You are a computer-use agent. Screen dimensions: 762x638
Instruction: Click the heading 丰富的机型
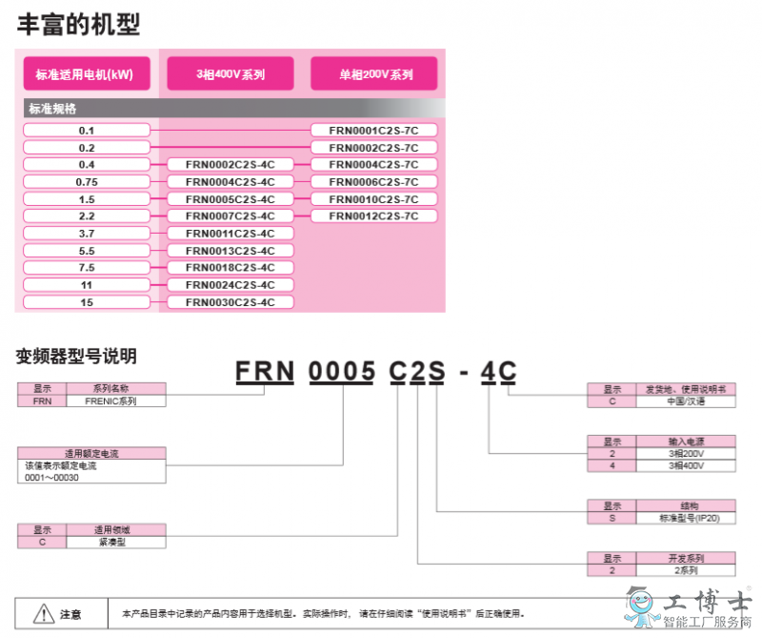pyautogui.click(x=79, y=25)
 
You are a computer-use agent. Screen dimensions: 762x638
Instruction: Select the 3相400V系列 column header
pyautogui.click(x=231, y=73)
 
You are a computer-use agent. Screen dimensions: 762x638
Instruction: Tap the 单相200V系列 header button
pyautogui.click(x=374, y=73)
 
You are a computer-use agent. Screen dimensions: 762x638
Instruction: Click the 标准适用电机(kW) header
pyautogui.click(x=87, y=73)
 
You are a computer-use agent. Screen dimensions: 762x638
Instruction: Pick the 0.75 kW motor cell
pyautogui.click(x=87, y=182)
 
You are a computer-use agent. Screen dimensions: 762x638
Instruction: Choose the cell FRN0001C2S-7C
pyautogui.click(x=374, y=131)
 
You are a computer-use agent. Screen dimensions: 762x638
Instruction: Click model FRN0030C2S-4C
pyautogui.click(x=231, y=302)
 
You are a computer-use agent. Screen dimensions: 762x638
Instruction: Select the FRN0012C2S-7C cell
pyautogui.click(x=374, y=216)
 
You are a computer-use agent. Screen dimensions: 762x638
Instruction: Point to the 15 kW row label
pyautogui.click(x=87, y=302)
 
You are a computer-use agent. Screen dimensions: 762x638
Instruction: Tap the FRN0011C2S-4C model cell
pyautogui.click(x=231, y=234)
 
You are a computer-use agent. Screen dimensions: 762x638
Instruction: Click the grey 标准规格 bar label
pyautogui.click(x=52, y=108)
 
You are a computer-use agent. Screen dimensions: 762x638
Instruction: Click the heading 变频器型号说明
pyautogui.click(x=76, y=357)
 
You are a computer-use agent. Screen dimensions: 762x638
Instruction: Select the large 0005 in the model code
pyautogui.click(x=342, y=371)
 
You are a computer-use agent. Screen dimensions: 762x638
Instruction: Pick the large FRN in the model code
pyautogui.click(x=265, y=371)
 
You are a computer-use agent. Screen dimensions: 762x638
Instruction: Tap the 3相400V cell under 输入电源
pyautogui.click(x=686, y=465)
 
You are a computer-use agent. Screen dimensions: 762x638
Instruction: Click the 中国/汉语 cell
pyautogui.click(x=686, y=401)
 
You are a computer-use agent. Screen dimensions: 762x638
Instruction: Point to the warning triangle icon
pyautogui.click(x=44, y=613)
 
